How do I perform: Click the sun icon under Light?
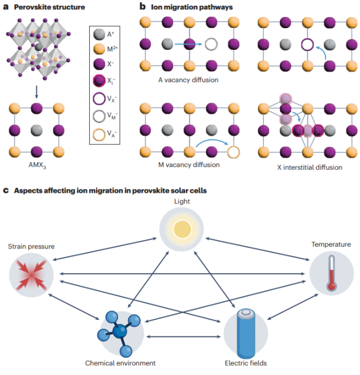pyautogui.click(x=182, y=229)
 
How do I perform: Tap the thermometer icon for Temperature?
pyautogui.click(x=331, y=273)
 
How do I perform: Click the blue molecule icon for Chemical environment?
pyautogui.click(x=118, y=330)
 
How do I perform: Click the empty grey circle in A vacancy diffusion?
pyautogui.click(x=212, y=44)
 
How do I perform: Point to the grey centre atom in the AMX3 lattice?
pyautogui.click(x=37, y=130)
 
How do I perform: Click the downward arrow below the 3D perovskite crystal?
pyautogui.click(x=36, y=89)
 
